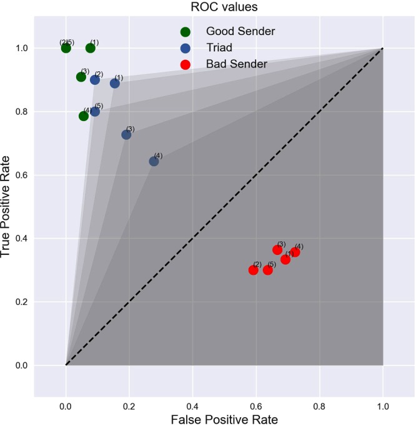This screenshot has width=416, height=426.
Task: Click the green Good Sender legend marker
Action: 185,31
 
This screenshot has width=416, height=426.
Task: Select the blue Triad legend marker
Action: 185,47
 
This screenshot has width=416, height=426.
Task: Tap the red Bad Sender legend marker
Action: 185,64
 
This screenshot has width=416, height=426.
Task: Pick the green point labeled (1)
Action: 91,48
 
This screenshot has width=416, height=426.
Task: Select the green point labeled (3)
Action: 81,77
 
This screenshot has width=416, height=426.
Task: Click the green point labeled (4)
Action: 84,116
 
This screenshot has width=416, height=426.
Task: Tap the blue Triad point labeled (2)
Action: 95,80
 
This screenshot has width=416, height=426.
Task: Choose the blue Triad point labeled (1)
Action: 115,83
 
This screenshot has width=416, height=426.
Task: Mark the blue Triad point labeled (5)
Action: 95,111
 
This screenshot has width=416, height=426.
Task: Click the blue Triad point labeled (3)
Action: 126,134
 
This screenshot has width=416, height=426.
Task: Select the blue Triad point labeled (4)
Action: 154,161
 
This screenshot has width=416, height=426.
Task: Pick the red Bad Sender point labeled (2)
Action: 253,270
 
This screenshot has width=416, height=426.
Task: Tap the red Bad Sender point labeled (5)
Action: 267,270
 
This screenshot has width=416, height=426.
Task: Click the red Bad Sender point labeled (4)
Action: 295,252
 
